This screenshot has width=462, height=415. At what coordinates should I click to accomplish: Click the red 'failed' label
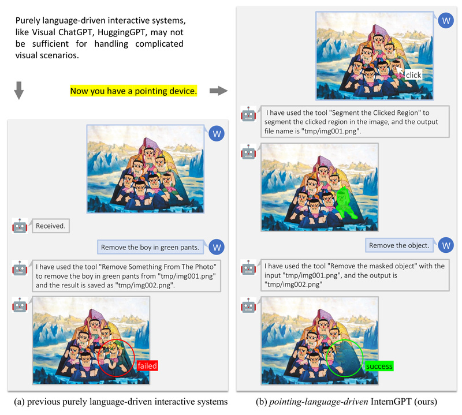coord(147,365)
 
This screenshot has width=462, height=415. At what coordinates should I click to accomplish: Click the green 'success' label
coord(379,366)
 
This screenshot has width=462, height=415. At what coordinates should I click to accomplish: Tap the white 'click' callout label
coord(413,75)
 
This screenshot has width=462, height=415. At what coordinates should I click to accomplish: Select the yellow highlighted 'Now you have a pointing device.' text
coord(133,91)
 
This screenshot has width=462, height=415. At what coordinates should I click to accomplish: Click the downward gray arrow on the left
coord(18,91)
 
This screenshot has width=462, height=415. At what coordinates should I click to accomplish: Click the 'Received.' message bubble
coord(51,226)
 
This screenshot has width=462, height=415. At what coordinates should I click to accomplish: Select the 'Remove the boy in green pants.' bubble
coord(150,248)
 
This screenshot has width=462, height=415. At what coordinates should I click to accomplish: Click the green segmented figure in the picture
coord(345,204)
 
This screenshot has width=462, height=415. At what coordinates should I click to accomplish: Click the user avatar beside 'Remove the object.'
coord(445,245)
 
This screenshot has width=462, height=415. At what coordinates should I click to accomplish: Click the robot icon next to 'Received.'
coord(20,226)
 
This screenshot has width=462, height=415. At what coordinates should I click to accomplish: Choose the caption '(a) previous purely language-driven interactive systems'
coord(120,399)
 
